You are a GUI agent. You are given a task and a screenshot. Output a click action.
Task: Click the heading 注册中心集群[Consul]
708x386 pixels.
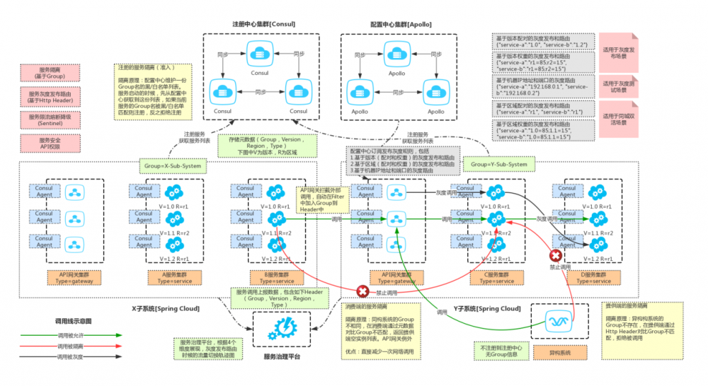[x=263, y=24]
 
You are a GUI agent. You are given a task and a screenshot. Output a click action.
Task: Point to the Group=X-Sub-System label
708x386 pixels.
[x=173, y=166]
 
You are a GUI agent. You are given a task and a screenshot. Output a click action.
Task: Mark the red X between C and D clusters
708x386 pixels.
[x=556, y=256]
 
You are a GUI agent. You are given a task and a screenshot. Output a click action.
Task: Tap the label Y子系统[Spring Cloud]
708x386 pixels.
[x=487, y=309]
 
